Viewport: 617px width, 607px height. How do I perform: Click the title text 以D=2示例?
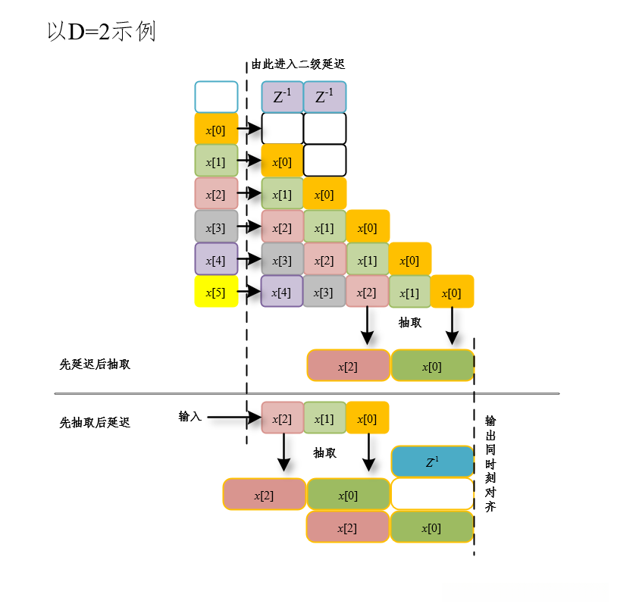tap(102, 32)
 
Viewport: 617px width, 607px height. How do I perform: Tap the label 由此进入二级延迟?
tap(303, 65)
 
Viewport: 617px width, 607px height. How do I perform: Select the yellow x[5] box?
tap(216, 291)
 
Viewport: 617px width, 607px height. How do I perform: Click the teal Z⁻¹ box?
tap(432, 462)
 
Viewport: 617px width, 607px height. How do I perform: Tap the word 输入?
tap(190, 416)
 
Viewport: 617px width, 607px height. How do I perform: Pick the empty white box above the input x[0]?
tap(216, 97)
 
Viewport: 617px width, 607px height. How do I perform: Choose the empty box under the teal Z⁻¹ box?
tap(432, 494)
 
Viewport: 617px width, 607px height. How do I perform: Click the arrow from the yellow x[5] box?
tap(249, 291)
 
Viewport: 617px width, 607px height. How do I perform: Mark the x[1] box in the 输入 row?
tap(325, 418)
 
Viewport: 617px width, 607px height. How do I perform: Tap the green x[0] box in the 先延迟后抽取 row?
tap(432, 365)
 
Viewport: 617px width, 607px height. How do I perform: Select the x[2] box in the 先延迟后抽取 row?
tap(348, 365)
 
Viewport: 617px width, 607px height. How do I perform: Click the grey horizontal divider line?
tap(306, 393)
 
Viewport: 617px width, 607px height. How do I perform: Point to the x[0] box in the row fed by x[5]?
tap(452, 291)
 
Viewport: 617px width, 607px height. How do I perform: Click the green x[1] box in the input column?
tap(216, 161)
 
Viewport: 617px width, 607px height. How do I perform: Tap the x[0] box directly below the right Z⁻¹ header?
tap(325, 193)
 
